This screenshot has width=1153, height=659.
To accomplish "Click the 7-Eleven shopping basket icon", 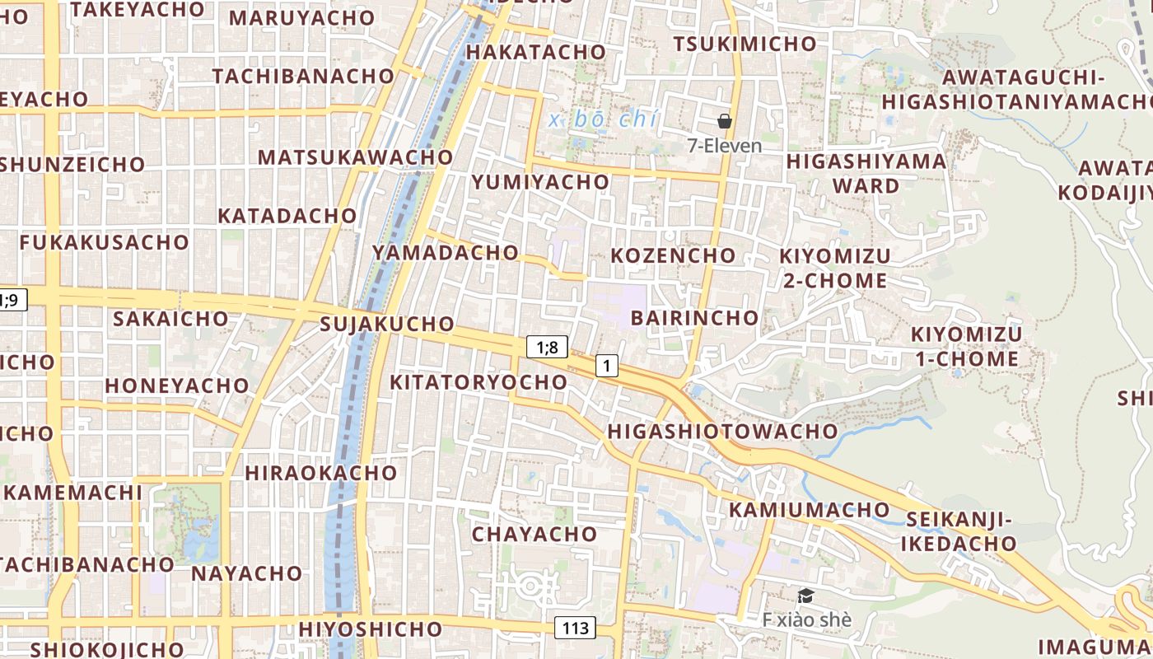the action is pos(725,121).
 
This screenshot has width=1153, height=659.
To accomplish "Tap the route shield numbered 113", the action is pos(575,628).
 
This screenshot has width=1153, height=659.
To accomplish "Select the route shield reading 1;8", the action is pos(547,347).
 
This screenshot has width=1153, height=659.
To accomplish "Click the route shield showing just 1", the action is pos(606,365).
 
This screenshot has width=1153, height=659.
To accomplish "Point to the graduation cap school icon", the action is pos(805,596).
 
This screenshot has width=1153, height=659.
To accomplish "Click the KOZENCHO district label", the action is pos(673,255).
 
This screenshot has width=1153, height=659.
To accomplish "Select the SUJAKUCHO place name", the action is pos(387,324).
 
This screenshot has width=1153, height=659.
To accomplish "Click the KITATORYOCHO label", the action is pos(478,382).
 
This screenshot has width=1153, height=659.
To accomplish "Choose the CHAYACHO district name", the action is pos(534,534).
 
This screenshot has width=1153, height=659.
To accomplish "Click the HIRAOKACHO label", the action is pos(320,473).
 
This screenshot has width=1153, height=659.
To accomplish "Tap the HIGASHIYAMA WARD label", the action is pos(866,173).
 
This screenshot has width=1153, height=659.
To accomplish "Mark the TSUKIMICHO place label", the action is pos(745,44).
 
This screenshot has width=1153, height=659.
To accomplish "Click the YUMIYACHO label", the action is pos(539,182).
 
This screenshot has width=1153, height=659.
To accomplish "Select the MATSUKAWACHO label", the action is pos(355,157).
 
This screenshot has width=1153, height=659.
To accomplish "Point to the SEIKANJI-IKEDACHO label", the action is pos(958,531).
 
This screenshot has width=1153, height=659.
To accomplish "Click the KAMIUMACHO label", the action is pos(798,509).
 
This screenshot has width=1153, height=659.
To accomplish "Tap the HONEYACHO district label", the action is pos(176,386).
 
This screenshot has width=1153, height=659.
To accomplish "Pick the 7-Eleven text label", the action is pos(725,146).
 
